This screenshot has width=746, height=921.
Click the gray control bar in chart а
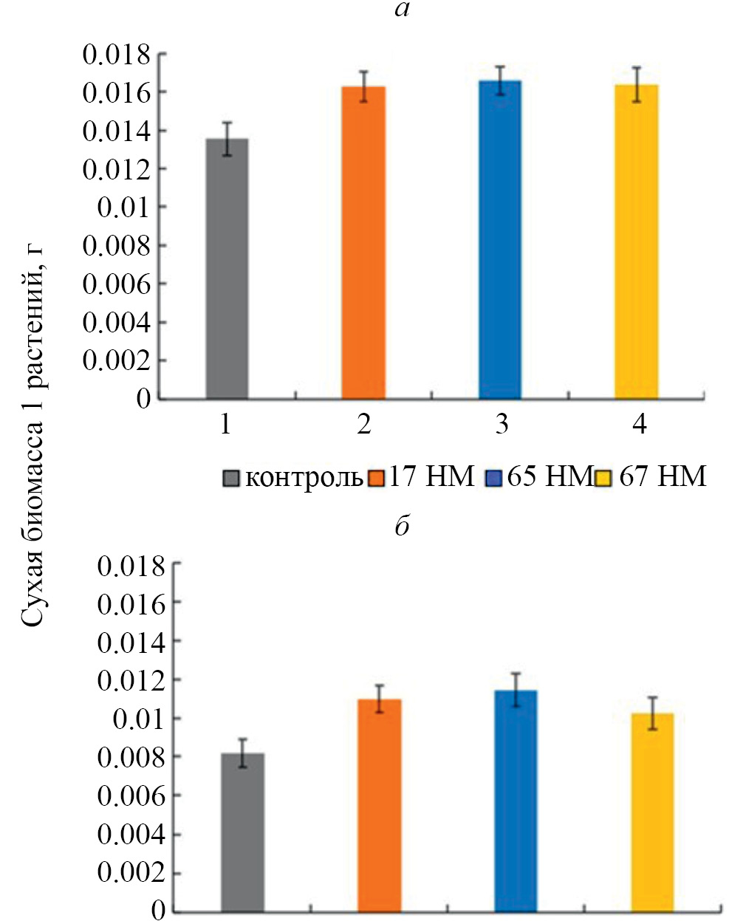tap(227, 269)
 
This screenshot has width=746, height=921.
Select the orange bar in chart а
tap(363, 243)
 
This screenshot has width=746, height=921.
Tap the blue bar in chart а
tap(500, 240)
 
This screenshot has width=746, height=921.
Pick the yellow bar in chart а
tap(637, 242)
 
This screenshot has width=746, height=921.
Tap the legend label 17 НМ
tap(431, 476)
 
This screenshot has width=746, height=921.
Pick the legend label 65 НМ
tap(549, 476)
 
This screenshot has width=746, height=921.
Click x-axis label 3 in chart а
tap(502, 425)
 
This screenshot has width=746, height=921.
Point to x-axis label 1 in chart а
tap(226, 425)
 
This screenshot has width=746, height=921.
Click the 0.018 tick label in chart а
tap(116, 54)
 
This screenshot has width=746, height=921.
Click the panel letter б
tap(403, 527)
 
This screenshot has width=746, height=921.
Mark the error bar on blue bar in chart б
tap(516, 689)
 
